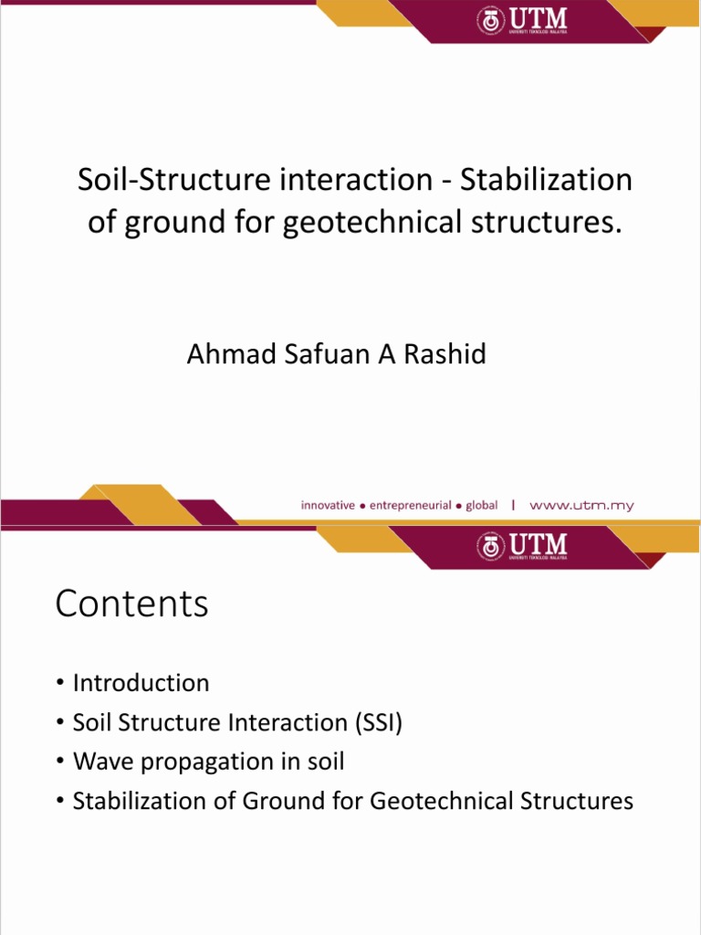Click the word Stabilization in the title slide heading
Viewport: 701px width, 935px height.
(x=546, y=180)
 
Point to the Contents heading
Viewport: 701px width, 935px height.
(x=131, y=604)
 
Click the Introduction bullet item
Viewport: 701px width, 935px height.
(x=141, y=683)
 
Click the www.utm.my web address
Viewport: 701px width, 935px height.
(x=581, y=505)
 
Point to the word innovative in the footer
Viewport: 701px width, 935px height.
(x=328, y=505)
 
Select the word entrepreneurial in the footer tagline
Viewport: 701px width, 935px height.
(x=410, y=505)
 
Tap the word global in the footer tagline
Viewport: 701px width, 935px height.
(x=482, y=505)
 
